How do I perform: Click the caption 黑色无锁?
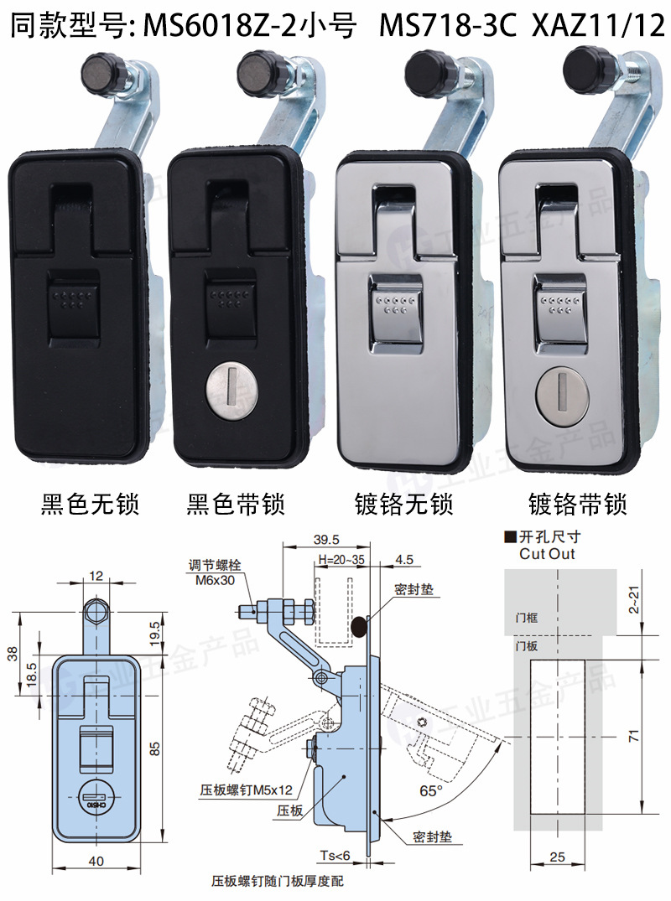pyautogui.click(x=89, y=505)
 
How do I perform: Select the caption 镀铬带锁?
pyautogui.click(x=578, y=505)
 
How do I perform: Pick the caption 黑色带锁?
pyautogui.click(x=236, y=505)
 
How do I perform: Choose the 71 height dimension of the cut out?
pyautogui.click(x=633, y=737)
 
